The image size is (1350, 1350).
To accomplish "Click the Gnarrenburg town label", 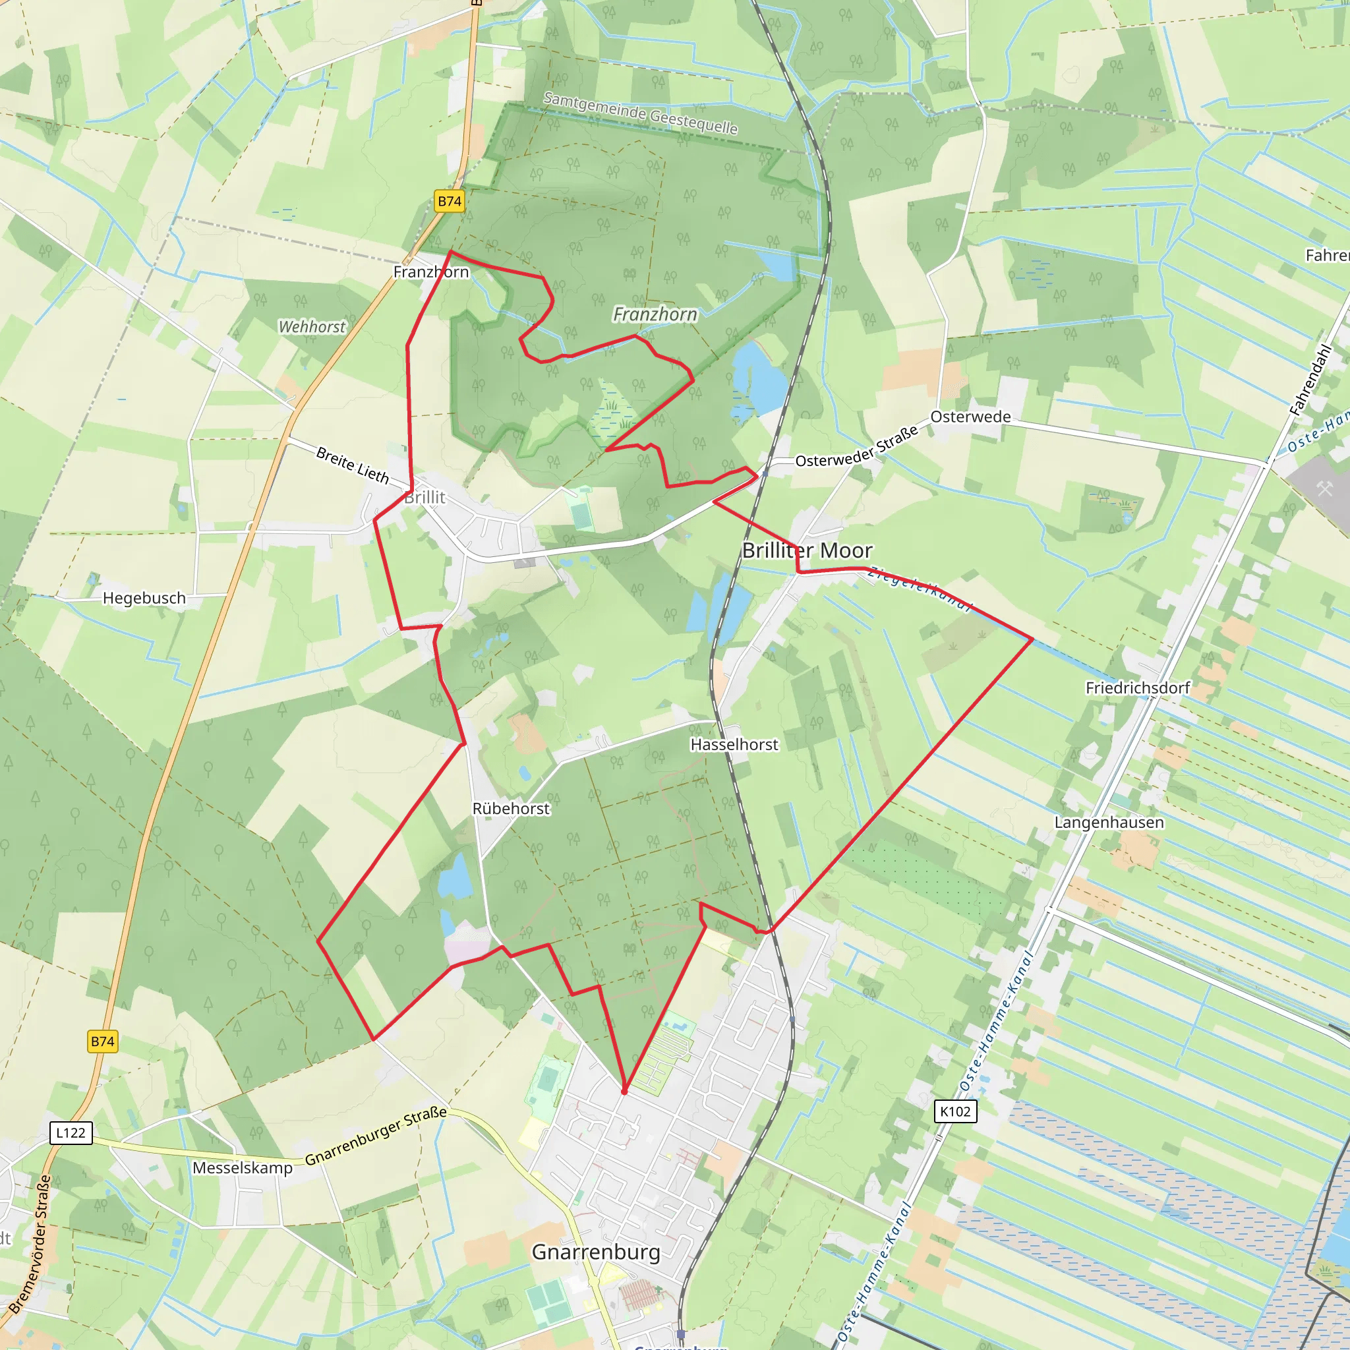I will pos(596,1252).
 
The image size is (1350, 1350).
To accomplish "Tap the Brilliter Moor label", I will pos(807,550).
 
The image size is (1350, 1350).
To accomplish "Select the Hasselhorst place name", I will pos(734,745).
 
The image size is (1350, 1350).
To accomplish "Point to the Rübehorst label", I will pos(511,808).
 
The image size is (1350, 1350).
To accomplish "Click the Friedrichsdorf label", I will pos(1137,688).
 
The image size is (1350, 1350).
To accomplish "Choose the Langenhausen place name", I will pos(1109,823).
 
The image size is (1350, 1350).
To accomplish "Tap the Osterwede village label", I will pos(970,417).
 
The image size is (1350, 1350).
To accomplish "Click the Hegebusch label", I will pos(144,598).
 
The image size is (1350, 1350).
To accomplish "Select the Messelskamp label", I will pos(243,1167).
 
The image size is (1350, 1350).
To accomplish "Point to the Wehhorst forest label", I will pos(312,327).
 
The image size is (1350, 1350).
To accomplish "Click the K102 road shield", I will pos(955,1111).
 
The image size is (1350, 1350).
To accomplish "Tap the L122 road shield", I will pos(71,1132).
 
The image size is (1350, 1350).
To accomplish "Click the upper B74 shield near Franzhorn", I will pos(450,201).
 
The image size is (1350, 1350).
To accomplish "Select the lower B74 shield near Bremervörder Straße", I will pos(103,1041).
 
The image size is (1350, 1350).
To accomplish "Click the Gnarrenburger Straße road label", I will pos(376,1136).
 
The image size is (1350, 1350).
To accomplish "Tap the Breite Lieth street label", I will pos(352,465).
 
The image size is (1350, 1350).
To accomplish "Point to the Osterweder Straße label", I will pos(857,447).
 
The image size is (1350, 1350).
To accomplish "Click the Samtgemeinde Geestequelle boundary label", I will pos(640,113).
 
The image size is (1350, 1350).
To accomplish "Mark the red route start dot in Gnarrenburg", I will pos(624,1091).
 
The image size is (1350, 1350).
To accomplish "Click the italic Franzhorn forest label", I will pos(655,314).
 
